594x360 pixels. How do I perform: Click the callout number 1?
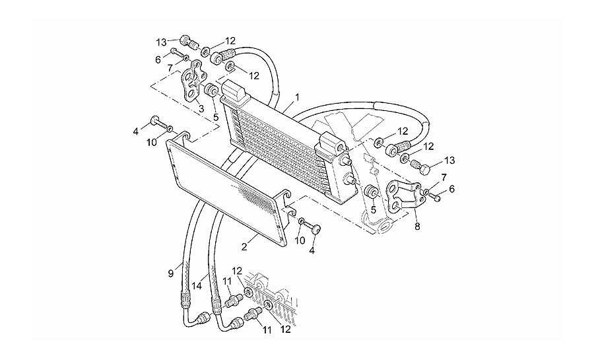coord(298,97)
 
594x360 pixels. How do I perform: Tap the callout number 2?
coord(245,247)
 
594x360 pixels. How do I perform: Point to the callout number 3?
coord(201,109)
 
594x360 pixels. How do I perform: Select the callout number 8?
coord(417,227)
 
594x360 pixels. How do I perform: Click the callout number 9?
coord(171,273)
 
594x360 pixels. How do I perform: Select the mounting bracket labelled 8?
coord(403,196)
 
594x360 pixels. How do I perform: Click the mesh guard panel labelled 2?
coord(227,188)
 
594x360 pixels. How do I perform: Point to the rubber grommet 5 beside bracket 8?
coord(371,192)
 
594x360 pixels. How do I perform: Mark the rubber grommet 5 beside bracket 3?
coord(211,91)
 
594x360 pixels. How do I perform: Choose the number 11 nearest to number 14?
coord(227,281)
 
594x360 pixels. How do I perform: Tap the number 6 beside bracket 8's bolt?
coord(451,189)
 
